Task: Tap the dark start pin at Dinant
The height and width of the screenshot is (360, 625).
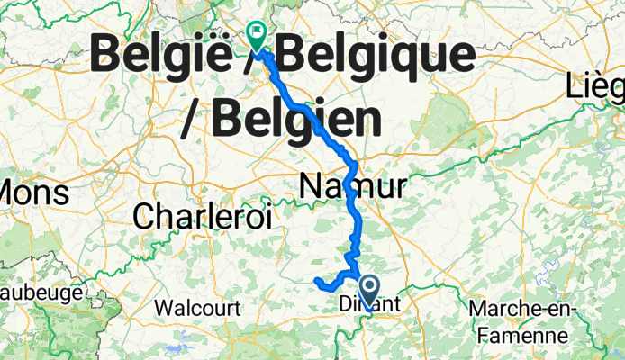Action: [x=369, y=290]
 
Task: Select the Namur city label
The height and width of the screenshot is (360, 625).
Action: [x=351, y=187]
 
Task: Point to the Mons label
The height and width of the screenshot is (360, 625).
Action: [x=33, y=193]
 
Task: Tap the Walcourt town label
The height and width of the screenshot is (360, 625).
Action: [x=197, y=308]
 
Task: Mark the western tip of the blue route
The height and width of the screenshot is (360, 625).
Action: [x=317, y=283]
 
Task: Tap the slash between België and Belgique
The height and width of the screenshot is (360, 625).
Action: [x=267, y=58]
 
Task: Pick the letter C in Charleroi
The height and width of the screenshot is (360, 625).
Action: [x=146, y=215]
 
